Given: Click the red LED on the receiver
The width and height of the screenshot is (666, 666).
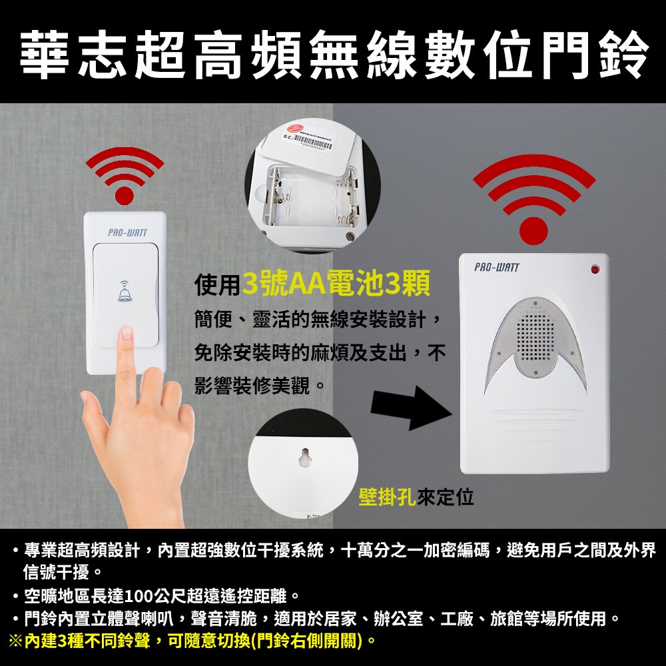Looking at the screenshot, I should pyautogui.click(x=595, y=269).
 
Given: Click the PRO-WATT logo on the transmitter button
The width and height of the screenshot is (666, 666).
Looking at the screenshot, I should pyautogui.click(x=127, y=232).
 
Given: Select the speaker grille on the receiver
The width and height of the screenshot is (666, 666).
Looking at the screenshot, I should pyautogui.click(x=532, y=340).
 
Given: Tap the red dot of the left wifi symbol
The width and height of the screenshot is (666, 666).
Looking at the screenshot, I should pyautogui.click(x=125, y=195).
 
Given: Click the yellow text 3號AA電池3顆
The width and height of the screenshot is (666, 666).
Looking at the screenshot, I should pyautogui.click(x=336, y=286).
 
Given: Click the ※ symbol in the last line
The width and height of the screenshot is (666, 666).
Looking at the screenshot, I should pyautogui.click(x=16, y=641).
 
